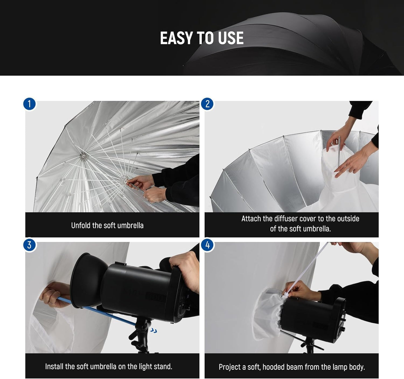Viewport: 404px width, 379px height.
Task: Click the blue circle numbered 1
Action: coord(29,104)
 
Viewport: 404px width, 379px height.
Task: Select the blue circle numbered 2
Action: coord(207,104)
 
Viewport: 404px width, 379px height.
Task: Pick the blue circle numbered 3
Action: coord(29,245)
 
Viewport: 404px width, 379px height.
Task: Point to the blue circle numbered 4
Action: coord(207,245)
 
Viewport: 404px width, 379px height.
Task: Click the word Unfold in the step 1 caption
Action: coord(81,226)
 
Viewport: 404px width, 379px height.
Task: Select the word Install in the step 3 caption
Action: coord(54,366)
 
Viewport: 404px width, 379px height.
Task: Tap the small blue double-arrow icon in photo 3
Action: coord(153,331)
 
